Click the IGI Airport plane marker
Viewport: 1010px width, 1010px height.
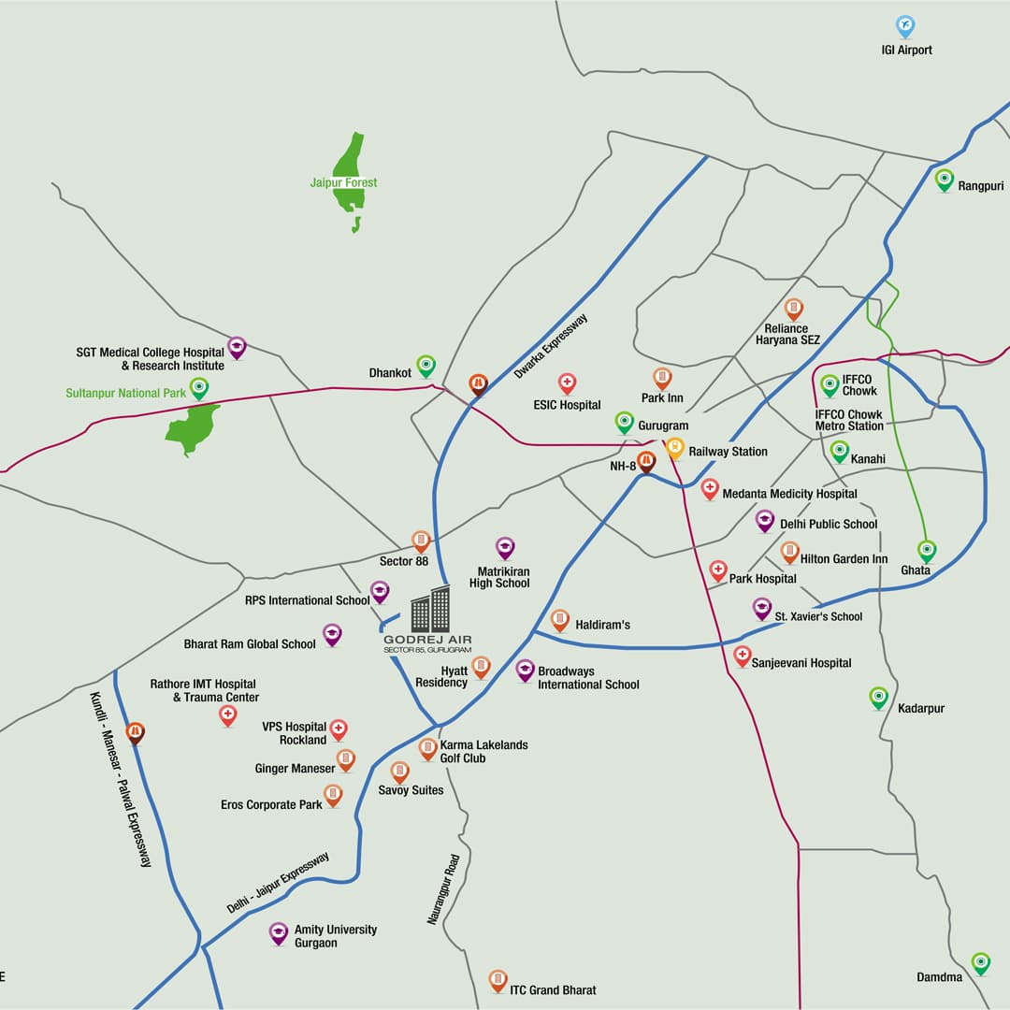point(904,26)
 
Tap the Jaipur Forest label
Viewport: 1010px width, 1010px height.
point(343,182)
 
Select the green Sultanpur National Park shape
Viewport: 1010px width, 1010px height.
point(192,428)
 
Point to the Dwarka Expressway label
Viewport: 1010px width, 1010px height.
point(551,346)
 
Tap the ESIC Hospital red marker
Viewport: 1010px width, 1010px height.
point(567,383)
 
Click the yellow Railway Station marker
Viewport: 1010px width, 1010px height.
point(675,448)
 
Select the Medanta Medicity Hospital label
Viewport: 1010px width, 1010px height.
point(789,494)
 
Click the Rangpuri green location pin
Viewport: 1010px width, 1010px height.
point(945,179)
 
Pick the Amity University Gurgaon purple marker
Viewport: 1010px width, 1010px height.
point(279,933)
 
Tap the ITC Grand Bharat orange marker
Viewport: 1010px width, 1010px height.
point(498,980)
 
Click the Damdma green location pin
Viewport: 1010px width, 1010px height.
point(980,962)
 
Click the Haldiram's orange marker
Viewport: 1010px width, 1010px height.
point(560,619)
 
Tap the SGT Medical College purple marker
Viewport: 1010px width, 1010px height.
point(237,348)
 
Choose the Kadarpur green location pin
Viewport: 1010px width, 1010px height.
point(878,698)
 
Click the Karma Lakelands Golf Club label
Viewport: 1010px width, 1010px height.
point(483,752)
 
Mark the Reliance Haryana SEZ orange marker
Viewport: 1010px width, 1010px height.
point(794,310)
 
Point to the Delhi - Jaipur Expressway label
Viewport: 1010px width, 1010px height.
point(278,884)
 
